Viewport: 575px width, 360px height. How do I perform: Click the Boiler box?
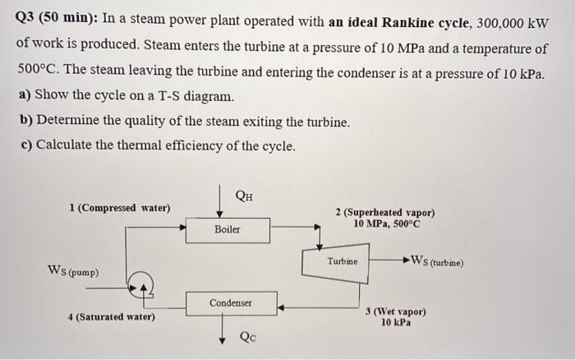click(228, 229)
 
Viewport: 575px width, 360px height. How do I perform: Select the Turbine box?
click(342, 261)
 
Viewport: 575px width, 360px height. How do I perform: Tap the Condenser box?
click(230, 303)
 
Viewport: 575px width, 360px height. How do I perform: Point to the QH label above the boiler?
click(244, 195)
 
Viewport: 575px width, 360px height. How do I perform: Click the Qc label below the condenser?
click(248, 336)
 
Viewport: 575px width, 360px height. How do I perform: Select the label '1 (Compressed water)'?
click(120, 208)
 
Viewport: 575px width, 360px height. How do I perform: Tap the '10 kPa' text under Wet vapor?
click(396, 323)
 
